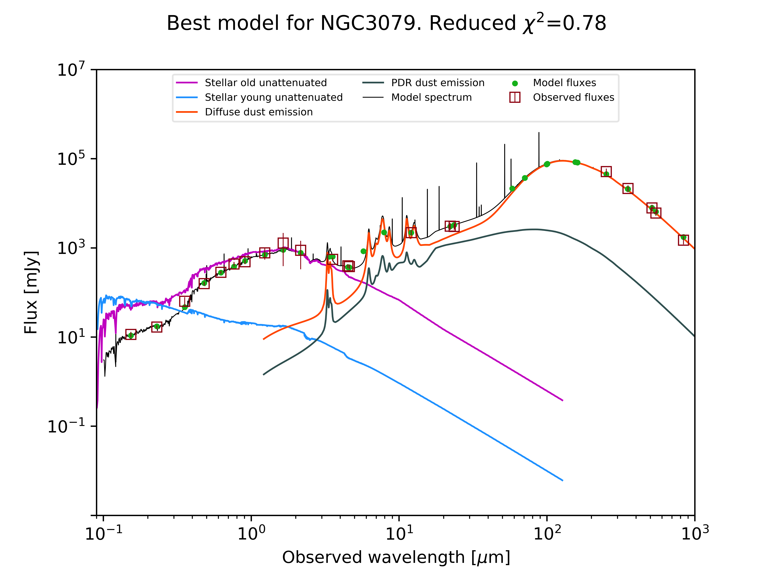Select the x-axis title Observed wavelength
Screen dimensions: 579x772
396,557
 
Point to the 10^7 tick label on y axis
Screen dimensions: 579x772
71,70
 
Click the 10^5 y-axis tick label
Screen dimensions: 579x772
71,159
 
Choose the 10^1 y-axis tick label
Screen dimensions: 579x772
71,337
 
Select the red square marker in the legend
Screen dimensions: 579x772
515,97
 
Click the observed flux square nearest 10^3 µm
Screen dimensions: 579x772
683,240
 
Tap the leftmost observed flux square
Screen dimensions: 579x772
131,334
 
